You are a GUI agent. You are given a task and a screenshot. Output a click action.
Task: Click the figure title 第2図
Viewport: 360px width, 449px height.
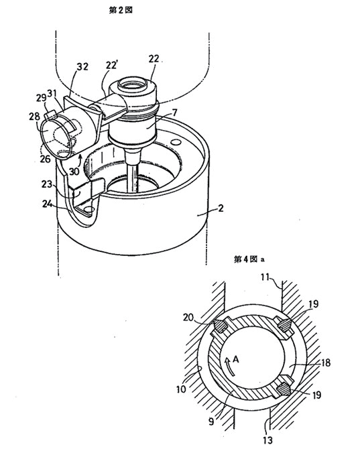[121, 10]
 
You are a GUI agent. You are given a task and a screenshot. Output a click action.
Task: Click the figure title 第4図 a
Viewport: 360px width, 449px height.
[249, 259]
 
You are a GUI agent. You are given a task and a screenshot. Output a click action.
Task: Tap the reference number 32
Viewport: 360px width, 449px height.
[82, 67]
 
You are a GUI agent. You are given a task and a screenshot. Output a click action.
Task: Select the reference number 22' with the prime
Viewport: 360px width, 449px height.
[111, 65]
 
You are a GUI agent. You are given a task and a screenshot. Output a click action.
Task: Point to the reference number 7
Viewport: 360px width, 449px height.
[174, 113]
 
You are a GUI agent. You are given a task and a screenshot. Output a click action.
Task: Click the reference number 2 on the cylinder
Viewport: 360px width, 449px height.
[221, 208]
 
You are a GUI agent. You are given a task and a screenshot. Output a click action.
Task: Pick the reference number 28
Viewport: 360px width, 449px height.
[34, 117]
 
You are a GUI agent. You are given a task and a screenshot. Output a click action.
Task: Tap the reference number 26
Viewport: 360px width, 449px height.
[46, 158]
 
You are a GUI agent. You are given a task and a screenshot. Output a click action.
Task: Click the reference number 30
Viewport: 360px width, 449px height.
[74, 172]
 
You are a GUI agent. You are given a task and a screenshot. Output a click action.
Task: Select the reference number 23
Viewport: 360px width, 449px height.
[47, 184]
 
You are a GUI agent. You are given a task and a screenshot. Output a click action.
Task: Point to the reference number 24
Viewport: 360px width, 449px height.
[48, 204]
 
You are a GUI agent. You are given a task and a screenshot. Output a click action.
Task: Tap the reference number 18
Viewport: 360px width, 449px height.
[324, 363]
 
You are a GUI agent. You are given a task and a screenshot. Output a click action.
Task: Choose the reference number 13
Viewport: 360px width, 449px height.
[267, 439]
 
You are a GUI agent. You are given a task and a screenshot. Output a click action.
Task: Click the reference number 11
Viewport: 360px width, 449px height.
[265, 277]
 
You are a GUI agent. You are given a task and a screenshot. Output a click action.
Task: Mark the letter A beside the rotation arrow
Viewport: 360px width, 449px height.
[236, 359]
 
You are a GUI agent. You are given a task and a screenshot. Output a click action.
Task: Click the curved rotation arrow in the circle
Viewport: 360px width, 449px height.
[231, 367]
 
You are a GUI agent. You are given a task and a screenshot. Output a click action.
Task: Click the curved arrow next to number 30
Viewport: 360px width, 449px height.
[81, 157]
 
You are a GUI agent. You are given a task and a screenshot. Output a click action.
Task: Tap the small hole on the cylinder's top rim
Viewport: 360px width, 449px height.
[177, 142]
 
